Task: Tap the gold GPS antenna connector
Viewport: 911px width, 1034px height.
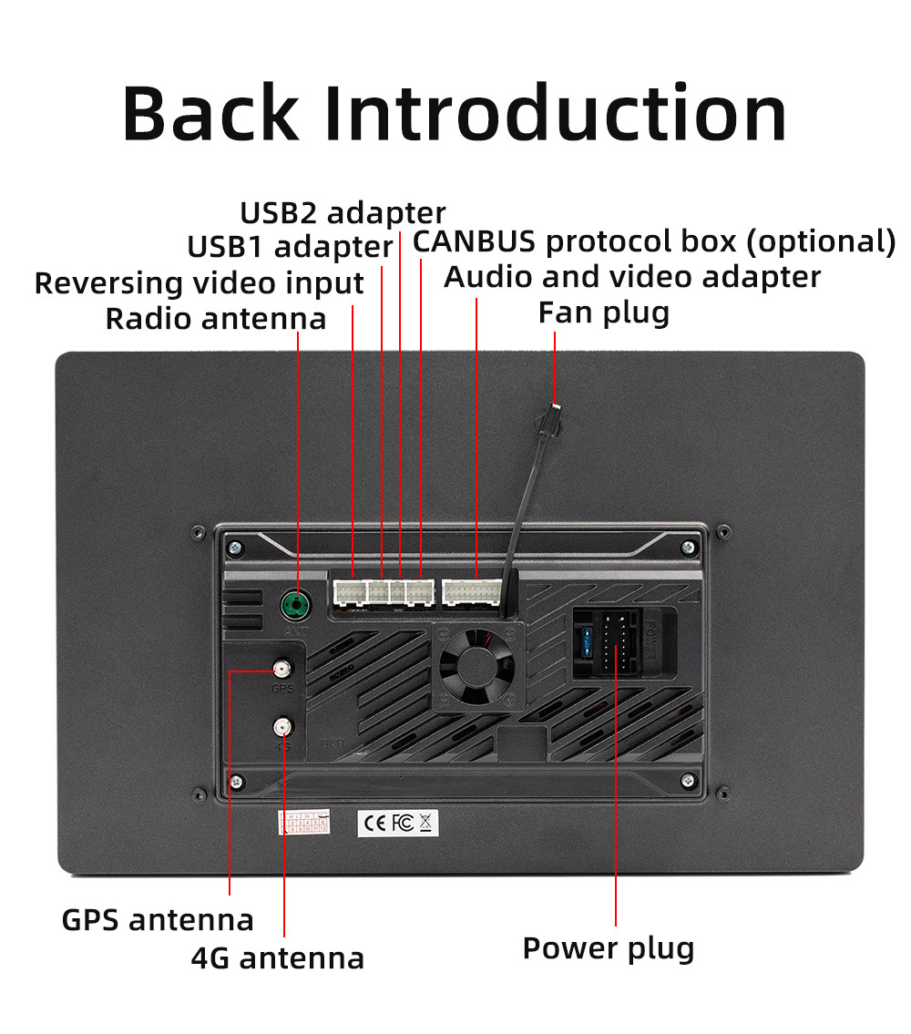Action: tap(282, 671)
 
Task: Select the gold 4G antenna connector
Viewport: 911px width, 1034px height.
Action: tap(283, 726)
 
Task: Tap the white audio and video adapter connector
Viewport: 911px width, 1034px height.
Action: tap(471, 592)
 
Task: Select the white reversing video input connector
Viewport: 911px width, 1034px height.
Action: tap(349, 593)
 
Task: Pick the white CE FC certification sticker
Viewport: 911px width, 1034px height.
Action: tap(398, 823)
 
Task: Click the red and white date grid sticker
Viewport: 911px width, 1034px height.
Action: tap(303, 822)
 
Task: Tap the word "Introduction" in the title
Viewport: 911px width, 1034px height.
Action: tap(555, 114)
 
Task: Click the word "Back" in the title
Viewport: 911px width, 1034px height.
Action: tap(210, 114)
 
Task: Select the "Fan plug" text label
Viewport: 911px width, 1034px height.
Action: tap(604, 312)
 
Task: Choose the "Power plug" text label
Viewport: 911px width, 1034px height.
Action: tap(608, 948)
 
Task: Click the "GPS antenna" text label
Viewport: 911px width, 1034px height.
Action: tap(158, 919)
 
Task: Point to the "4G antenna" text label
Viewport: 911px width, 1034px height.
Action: tap(278, 957)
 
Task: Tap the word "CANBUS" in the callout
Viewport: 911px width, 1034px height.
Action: tap(474, 241)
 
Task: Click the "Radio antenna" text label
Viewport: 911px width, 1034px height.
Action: tap(216, 319)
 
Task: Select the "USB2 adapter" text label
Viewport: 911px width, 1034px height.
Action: tap(343, 212)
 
